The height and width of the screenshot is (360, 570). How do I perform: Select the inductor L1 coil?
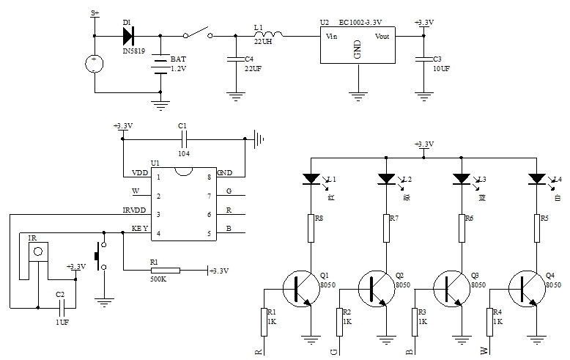pyautogui.click(x=269, y=34)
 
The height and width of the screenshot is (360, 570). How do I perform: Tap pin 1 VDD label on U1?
pyautogui.click(x=140, y=174)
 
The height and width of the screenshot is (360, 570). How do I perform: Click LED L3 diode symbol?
pyautogui.click(x=462, y=178)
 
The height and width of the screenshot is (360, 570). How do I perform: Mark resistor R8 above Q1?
pyautogui.click(x=311, y=227)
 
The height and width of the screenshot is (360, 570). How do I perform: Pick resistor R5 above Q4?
pyautogui.click(x=536, y=227)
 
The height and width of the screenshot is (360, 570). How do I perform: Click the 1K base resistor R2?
pyautogui.click(x=338, y=321)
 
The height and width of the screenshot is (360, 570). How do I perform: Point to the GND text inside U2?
pyautogui.click(x=358, y=49)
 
